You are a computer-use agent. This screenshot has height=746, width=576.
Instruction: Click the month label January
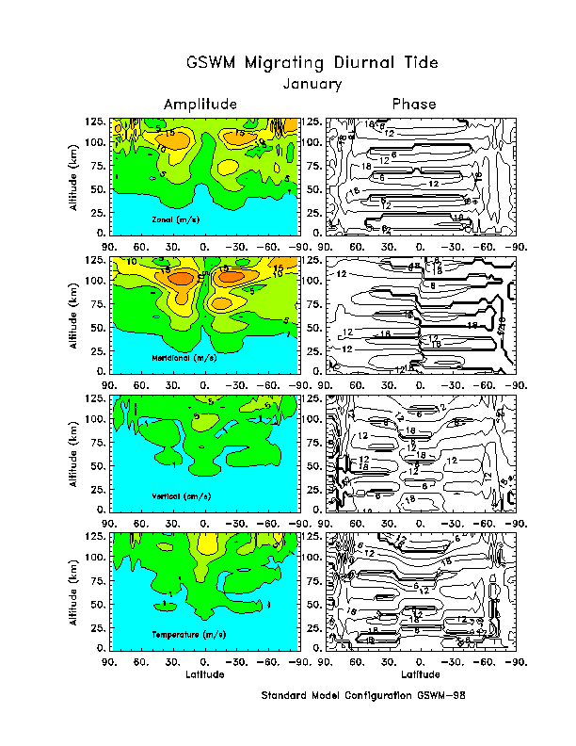tap(312, 83)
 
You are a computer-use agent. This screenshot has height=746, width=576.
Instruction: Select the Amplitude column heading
tap(200, 104)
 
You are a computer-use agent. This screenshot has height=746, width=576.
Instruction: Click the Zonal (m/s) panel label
tap(171, 219)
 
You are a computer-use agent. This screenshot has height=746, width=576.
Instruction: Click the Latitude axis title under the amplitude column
tap(205, 674)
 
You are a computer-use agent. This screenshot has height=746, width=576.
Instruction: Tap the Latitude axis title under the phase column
tap(420, 674)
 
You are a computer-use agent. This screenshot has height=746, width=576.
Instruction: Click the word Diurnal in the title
tap(365, 63)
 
